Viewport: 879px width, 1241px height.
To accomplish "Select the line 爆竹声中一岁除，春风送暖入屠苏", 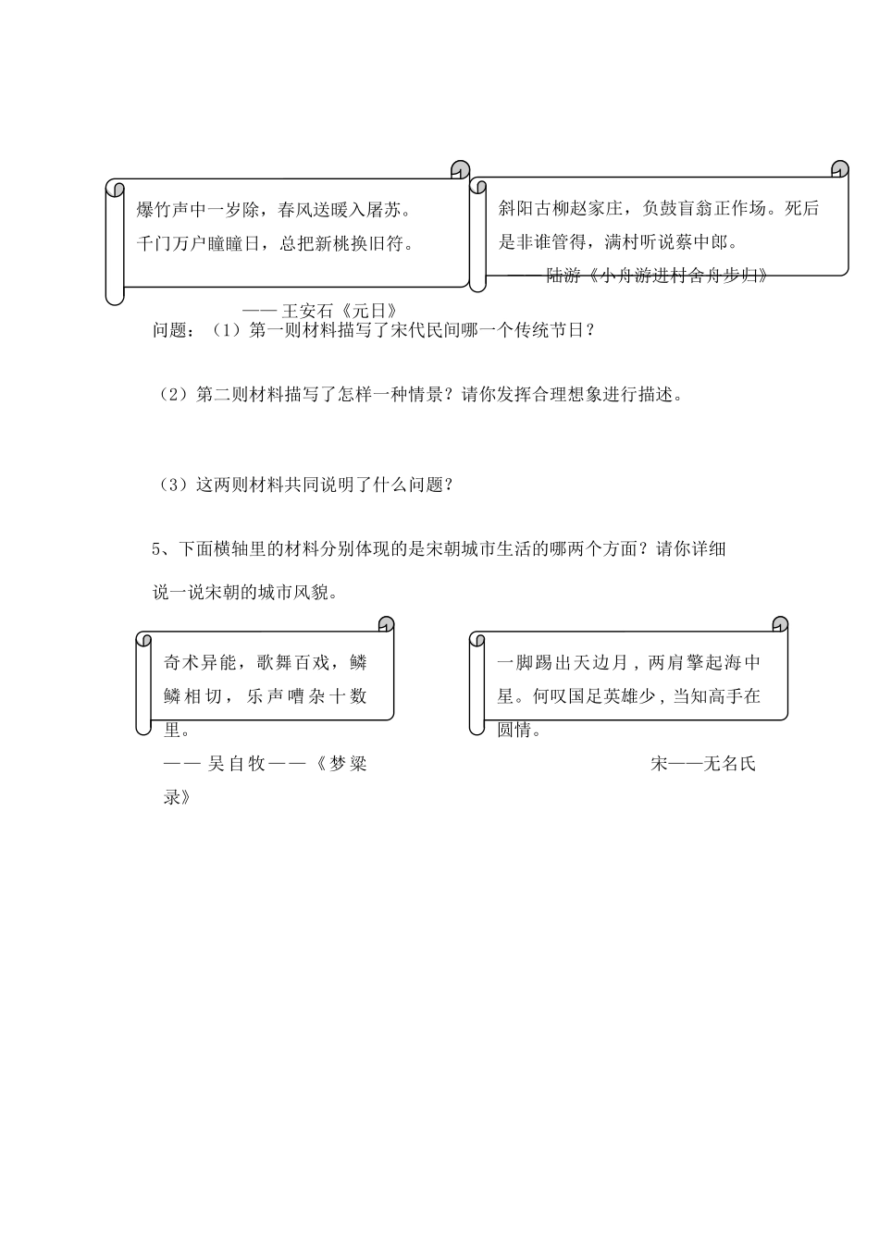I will [x=273, y=210].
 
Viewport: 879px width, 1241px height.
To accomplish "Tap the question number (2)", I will [x=174, y=395].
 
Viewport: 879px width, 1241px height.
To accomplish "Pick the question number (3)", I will [x=174, y=485].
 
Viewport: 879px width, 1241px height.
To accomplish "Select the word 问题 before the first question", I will [x=171, y=330].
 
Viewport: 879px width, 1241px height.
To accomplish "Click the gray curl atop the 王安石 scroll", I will [x=460, y=167].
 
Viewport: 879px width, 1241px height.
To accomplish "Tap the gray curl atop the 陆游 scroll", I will [x=839, y=168].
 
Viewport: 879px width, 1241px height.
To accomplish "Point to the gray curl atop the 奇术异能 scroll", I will [x=385, y=624].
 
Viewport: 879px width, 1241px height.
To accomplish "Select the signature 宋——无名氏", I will [x=703, y=764].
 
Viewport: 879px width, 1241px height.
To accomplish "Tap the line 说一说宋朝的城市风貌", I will [x=245, y=593].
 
